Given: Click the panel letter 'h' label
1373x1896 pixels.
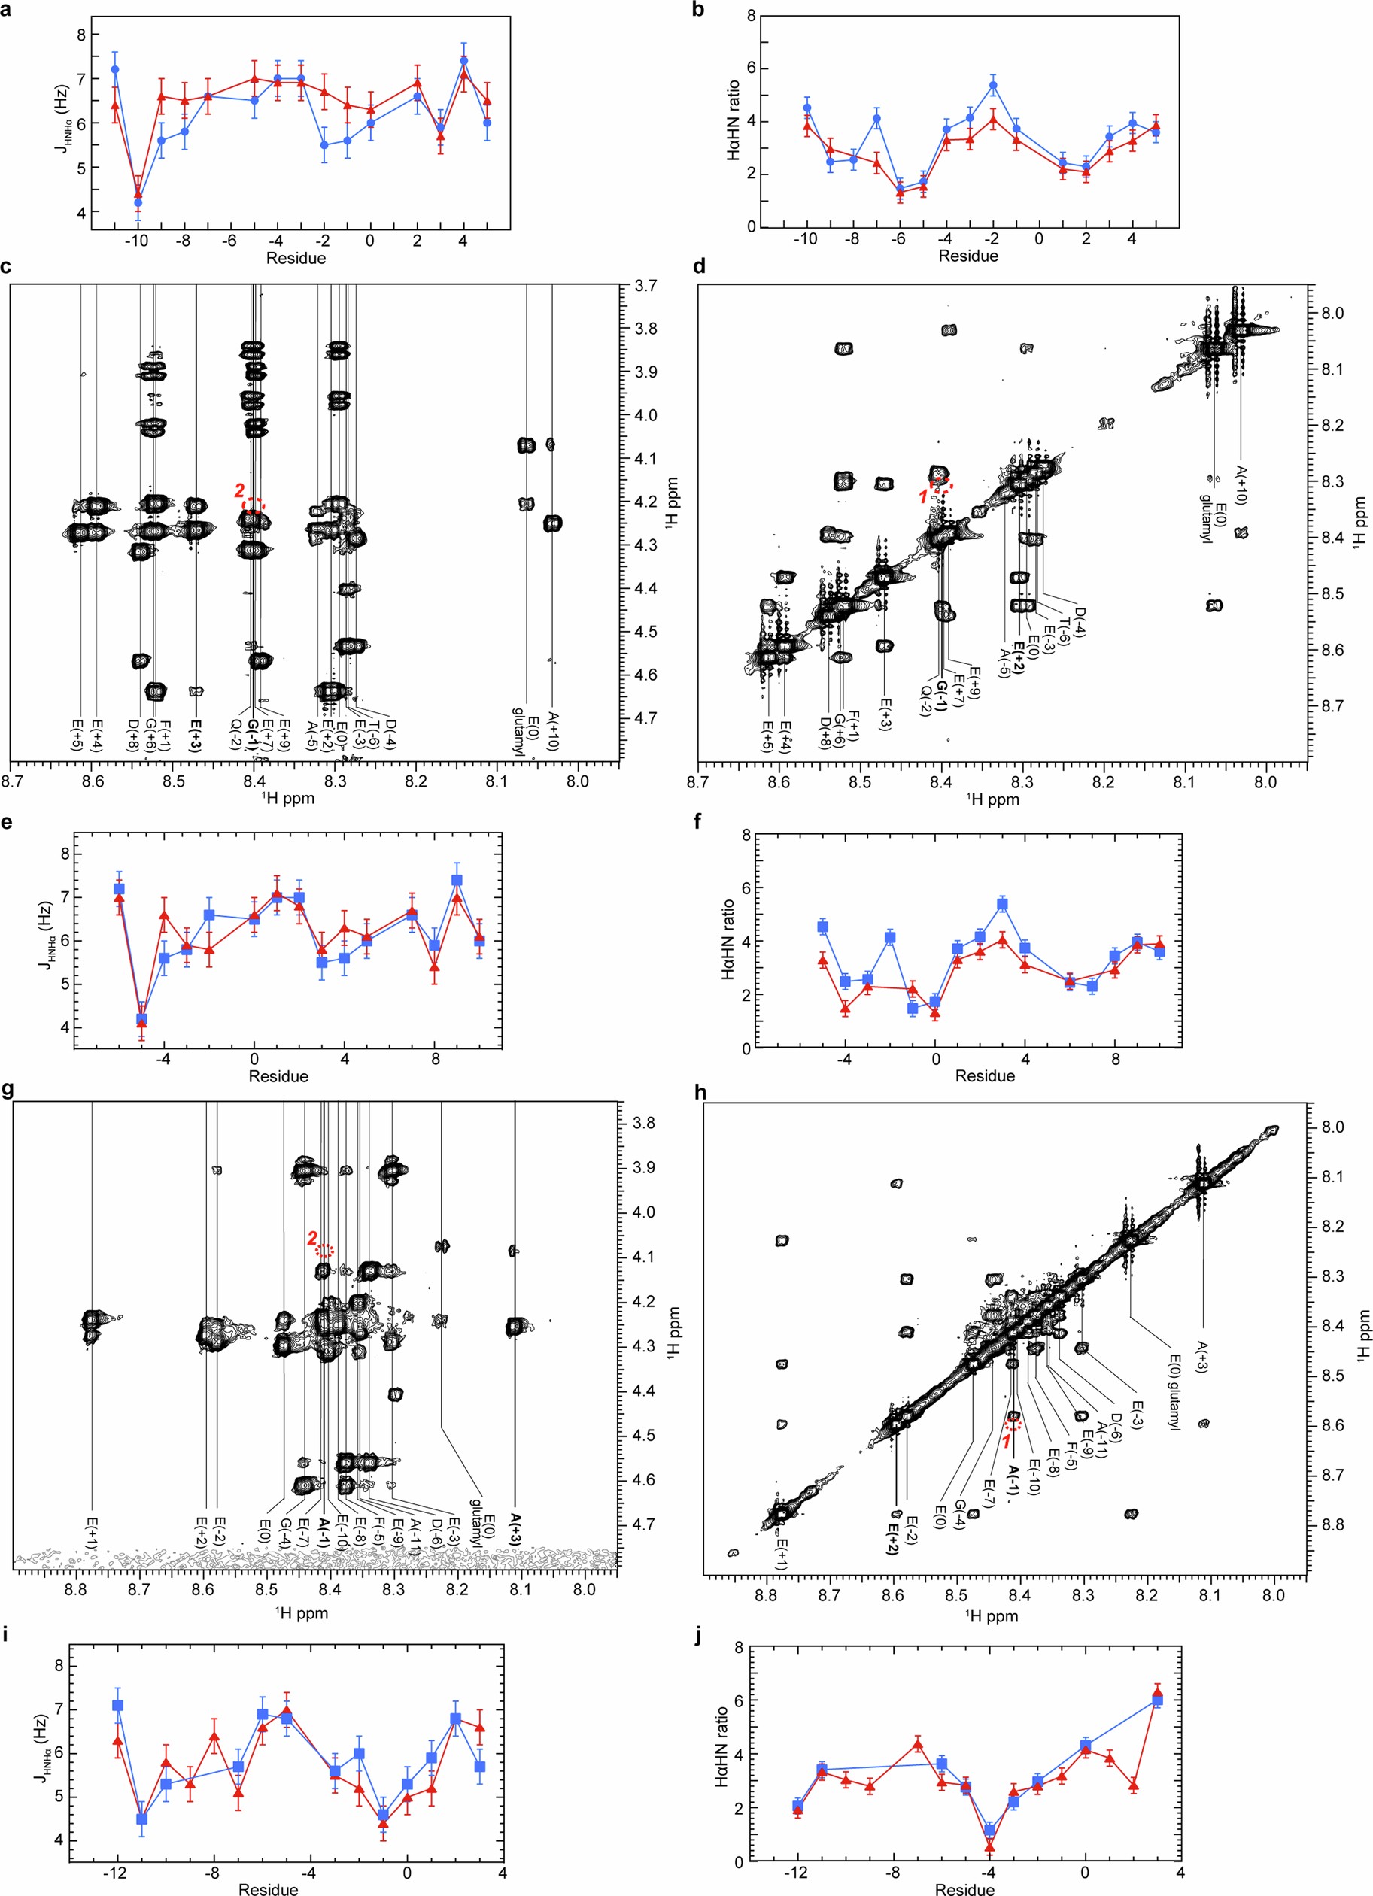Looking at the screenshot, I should click(x=700, y=1093).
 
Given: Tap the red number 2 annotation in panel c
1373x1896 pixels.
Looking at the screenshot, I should click(x=239, y=490).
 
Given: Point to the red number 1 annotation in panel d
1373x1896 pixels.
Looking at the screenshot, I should click(x=923, y=496).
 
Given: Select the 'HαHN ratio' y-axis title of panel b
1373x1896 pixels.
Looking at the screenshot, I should click(x=733, y=120).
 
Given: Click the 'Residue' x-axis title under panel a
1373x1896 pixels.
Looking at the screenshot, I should click(x=295, y=258).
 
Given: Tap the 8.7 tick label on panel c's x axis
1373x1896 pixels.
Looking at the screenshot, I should click(x=12, y=781).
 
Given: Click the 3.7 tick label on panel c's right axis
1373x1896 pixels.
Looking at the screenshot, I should click(x=646, y=286).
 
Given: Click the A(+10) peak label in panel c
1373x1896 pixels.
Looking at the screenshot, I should click(x=553, y=733).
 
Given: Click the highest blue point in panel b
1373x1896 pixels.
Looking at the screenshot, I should click(x=992, y=84).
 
